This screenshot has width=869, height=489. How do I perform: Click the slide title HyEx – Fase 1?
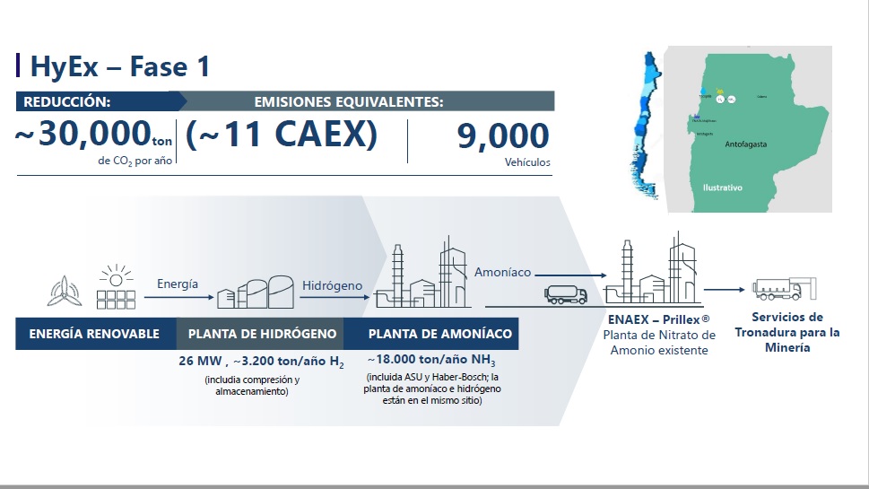coord(120,66)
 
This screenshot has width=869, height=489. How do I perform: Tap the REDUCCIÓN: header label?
coord(67,101)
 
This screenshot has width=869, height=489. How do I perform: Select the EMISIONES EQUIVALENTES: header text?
coord(348,101)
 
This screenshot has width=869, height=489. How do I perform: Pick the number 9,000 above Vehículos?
coord(502,136)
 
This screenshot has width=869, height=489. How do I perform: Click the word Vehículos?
coord(527,163)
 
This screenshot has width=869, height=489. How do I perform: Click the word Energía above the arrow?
coord(177,284)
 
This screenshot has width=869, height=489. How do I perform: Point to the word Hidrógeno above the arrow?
coord(332,285)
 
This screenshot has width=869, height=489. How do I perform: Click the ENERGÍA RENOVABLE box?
coord(94,334)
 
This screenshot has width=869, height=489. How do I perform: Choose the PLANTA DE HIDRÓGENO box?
coord(262,334)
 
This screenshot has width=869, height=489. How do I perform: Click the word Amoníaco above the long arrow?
coord(502,272)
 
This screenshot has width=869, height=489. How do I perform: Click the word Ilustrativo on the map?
coord(723,188)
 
